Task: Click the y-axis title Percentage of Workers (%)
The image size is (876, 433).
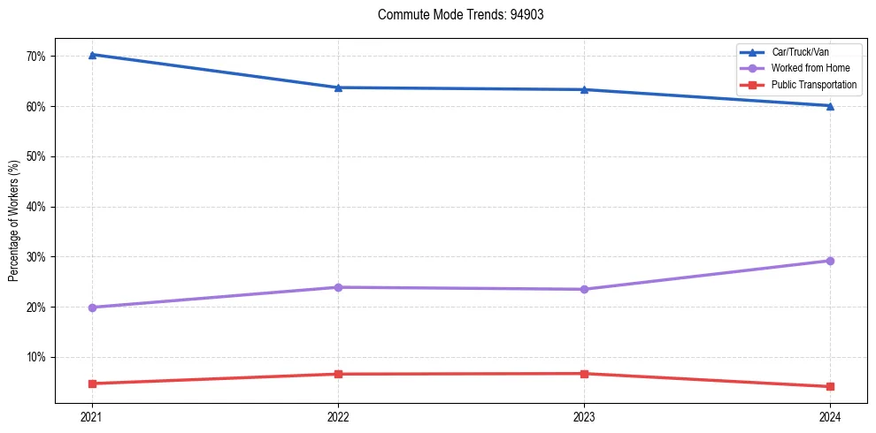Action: click(13, 222)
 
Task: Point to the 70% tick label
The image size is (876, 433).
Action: click(36, 57)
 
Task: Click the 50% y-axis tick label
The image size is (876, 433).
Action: click(36, 156)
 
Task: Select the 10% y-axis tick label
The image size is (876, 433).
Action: click(36, 357)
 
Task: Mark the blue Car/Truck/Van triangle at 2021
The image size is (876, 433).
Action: click(92, 55)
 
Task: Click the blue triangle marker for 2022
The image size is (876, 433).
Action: click(338, 87)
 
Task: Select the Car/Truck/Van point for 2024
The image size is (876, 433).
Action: click(830, 106)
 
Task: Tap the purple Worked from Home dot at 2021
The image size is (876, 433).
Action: click(92, 308)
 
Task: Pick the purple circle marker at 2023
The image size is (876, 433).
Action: click(584, 289)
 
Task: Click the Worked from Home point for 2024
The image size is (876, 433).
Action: click(830, 261)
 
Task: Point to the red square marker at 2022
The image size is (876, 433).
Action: click(338, 374)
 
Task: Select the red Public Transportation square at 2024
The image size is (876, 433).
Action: click(830, 386)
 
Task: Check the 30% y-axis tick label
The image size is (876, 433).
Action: click(36, 257)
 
